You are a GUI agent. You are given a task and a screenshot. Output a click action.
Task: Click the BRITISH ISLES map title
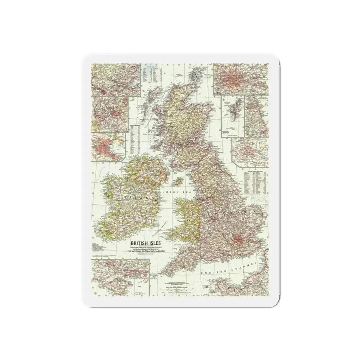pos(143,243)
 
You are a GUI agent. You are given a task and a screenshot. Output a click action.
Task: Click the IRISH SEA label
pos(175,192)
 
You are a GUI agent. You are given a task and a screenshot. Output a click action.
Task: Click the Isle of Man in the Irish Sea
pos(179,180)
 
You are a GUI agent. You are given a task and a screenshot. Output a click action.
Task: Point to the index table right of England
pos(255,184)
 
